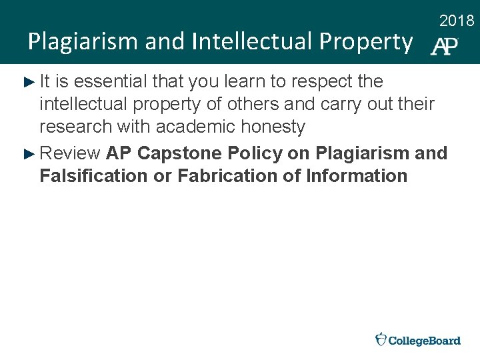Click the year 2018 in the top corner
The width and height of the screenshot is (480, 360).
[x=457, y=21]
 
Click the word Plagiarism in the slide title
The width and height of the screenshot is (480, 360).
[x=73, y=42]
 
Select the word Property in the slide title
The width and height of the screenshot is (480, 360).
[x=366, y=42]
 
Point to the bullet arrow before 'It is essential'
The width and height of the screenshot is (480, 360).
[x=28, y=82]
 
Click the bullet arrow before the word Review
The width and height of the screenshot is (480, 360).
[x=28, y=154]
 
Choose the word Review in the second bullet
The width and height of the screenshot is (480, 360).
[x=70, y=153]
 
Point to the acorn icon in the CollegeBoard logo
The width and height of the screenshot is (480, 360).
[x=381, y=339]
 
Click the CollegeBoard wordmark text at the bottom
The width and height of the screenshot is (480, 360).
[x=425, y=340]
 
